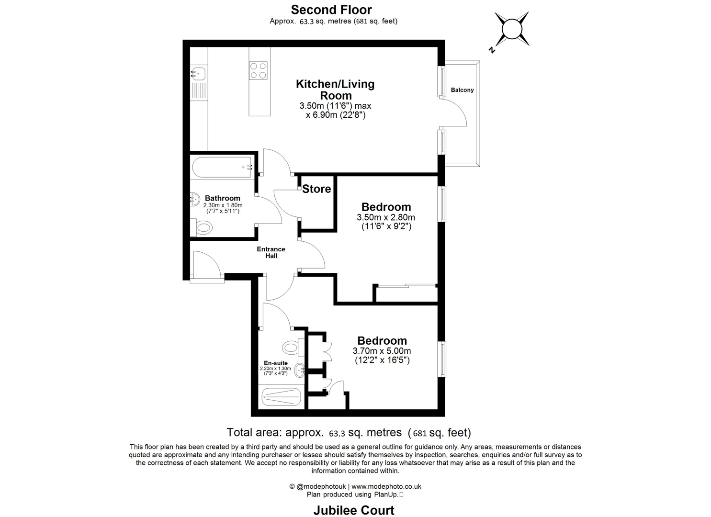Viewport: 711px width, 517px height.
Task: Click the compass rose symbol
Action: coord(512,29)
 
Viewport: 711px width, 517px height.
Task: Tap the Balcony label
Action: coord(462,90)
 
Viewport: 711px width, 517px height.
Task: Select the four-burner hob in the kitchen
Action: coord(258,70)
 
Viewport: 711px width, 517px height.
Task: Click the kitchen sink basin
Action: coord(198,74)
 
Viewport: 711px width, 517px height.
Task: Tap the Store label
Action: coord(316,189)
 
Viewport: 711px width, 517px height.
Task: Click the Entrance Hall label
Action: coord(271,252)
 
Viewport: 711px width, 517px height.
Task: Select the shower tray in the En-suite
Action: coord(281,397)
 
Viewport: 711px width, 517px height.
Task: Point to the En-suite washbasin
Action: coord(300,370)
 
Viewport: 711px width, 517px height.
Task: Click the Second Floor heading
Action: coord(331,10)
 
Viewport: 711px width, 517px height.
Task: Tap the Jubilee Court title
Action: coord(354,510)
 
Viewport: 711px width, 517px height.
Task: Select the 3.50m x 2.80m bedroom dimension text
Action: coord(386,217)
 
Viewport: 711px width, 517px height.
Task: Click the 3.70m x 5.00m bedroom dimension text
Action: coord(382,351)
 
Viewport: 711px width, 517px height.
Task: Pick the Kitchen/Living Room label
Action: coord(335,90)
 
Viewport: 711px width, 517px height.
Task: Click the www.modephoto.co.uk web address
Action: coord(386,486)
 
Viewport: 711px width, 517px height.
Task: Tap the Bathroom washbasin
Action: coord(195,199)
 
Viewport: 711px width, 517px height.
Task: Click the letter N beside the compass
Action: coord(492,50)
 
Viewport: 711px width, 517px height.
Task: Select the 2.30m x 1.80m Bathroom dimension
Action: coord(223,205)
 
